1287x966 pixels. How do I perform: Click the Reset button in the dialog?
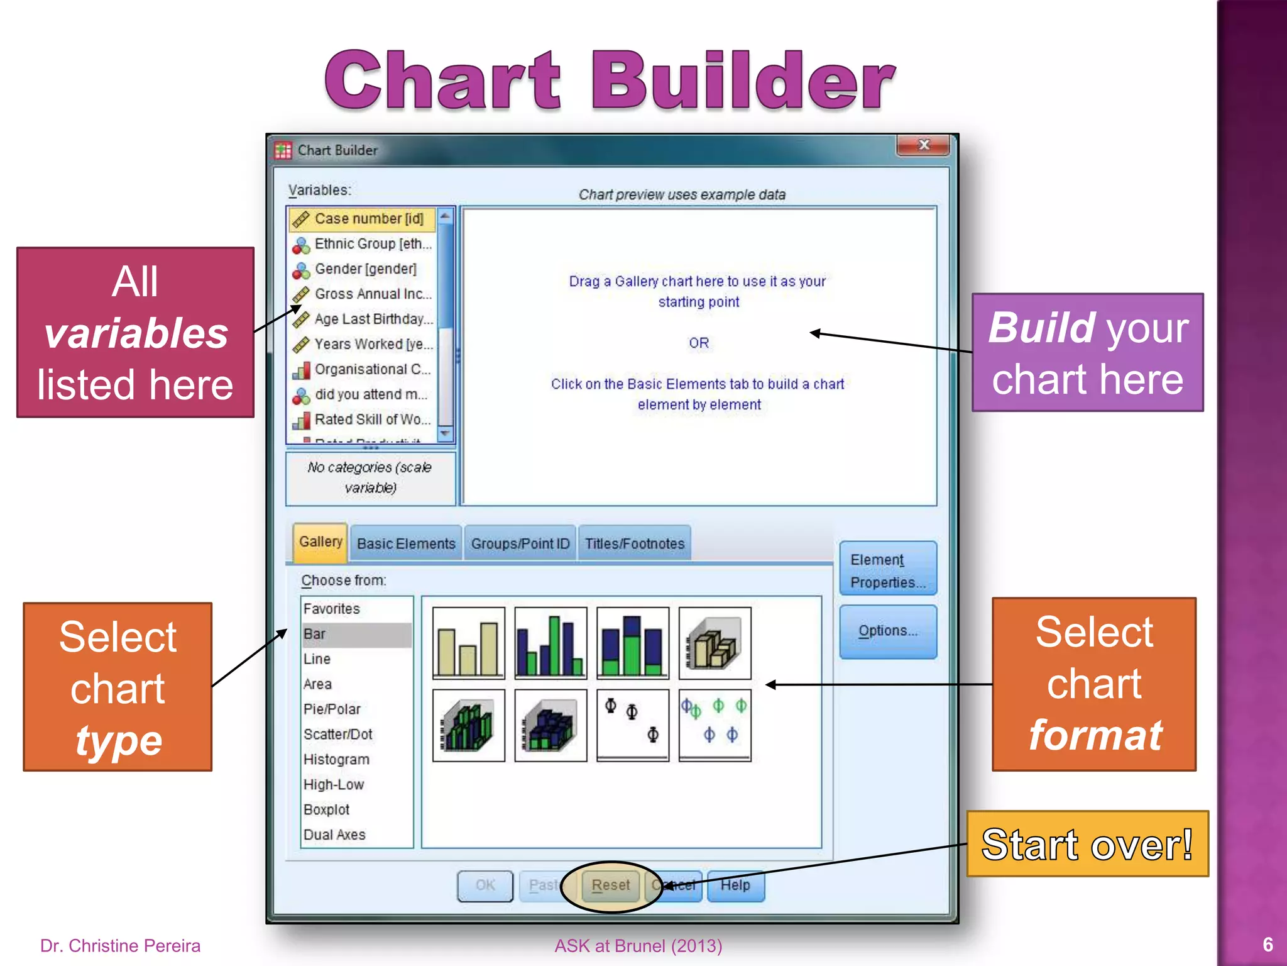(610, 885)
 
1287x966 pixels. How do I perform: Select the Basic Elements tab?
(406, 544)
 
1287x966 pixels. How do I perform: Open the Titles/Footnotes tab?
(635, 544)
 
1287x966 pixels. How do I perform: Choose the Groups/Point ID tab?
(520, 544)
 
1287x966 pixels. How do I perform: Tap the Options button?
(887, 631)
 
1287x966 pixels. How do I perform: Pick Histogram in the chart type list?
(336, 760)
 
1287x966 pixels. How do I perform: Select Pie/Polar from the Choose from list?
(332, 709)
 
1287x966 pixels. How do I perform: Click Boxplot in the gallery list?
(326, 810)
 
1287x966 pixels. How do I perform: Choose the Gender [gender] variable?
(365, 269)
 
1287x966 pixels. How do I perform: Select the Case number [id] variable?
(368, 219)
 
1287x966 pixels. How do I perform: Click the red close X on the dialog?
(923, 145)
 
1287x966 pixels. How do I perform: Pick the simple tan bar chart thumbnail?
(468, 643)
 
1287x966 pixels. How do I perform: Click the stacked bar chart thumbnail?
(632, 643)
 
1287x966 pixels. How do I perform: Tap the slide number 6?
(1268, 945)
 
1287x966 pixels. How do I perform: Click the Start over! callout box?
(1087, 844)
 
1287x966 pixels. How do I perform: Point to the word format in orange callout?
(1095, 735)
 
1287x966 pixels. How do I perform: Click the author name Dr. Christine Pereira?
(121, 946)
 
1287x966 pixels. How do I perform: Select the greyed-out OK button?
(485, 885)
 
